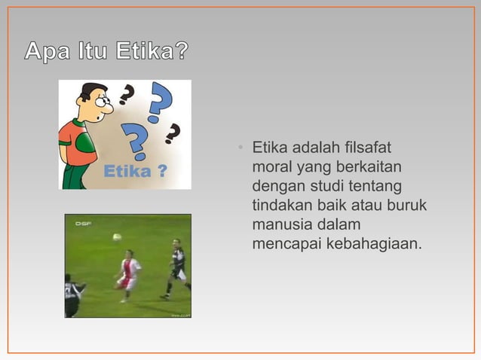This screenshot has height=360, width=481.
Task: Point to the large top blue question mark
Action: coord(160,102)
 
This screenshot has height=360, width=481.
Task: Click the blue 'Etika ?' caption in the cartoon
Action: coord(135,172)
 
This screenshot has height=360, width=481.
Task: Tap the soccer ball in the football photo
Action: coord(117,236)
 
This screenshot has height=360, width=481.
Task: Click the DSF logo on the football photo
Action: coord(82,223)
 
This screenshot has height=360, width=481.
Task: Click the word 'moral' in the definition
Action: coord(271,166)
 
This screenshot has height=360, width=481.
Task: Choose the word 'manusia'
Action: coord(281,224)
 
